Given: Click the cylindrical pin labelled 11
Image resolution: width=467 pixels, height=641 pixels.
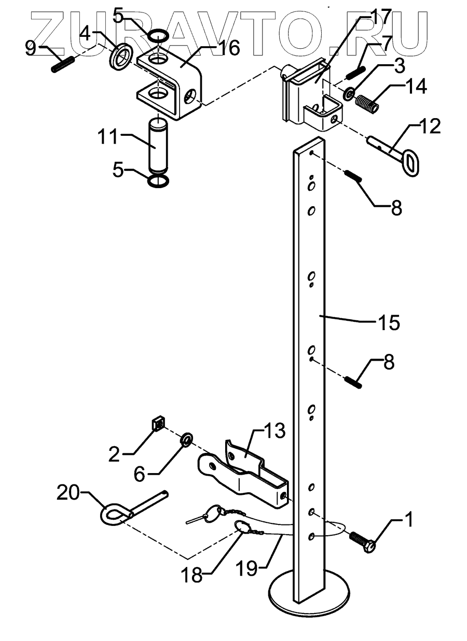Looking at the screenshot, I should [x=158, y=147].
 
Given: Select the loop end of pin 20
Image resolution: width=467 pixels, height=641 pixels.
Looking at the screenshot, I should [x=111, y=516].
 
